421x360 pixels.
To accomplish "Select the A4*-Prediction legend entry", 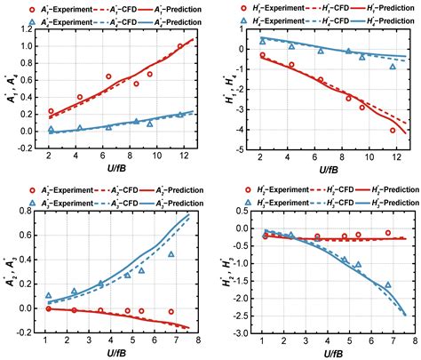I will (x=171, y=20).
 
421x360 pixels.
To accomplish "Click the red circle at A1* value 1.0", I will (x=180, y=46).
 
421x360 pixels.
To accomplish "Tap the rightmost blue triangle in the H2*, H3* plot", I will (x=388, y=285).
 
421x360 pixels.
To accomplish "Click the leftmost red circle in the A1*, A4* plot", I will (x=51, y=111).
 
